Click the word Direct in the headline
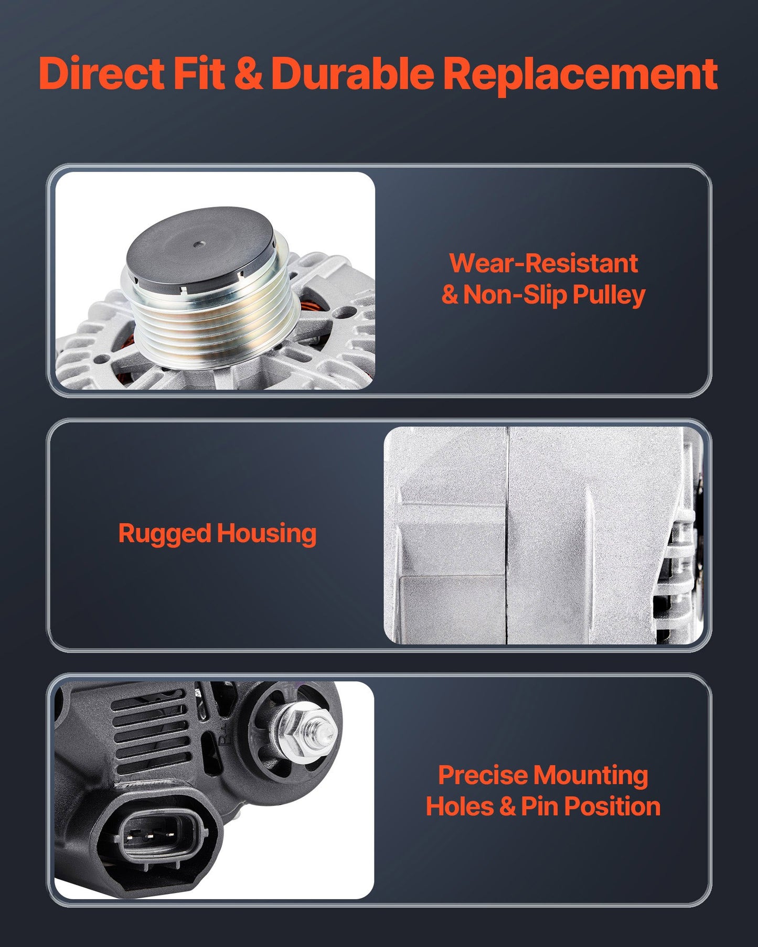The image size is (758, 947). pos(101,73)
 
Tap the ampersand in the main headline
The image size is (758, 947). pos(248,73)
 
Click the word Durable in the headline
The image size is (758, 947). pos(352,73)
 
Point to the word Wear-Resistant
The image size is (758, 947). pos(543,263)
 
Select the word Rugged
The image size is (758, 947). pos(164,534)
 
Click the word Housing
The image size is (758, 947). pos(266,534)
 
